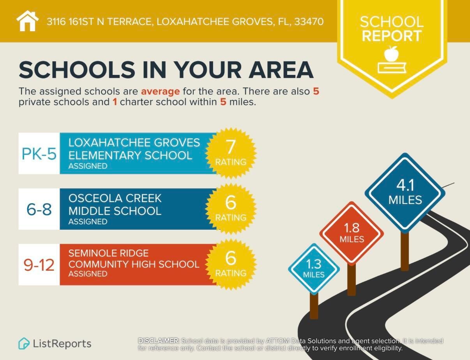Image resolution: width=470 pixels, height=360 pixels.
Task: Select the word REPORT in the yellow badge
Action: (x=392, y=36)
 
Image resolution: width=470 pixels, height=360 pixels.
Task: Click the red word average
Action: (x=160, y=92)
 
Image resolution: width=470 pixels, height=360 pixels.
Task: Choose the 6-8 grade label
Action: (x=39, y=209)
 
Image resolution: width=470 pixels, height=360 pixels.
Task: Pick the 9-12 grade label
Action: (x=39, y=265)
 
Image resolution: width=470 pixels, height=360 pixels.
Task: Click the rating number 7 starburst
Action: (x=231, y=153)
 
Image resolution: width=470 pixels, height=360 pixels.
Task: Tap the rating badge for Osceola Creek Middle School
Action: (x=231, y=208)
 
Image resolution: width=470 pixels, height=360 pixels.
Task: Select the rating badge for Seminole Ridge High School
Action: (x=231, y=264)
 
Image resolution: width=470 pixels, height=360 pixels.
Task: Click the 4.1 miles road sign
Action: (x=405, y=193)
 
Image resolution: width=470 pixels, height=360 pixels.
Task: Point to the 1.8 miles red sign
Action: (x=352, y=233)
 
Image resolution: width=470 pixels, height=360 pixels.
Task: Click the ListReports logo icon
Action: (x=24, y=343)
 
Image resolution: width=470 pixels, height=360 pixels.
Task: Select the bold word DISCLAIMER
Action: (x=159, y=341)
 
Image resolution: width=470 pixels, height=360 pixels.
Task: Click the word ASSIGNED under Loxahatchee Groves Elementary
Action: (x=88, y=166)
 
